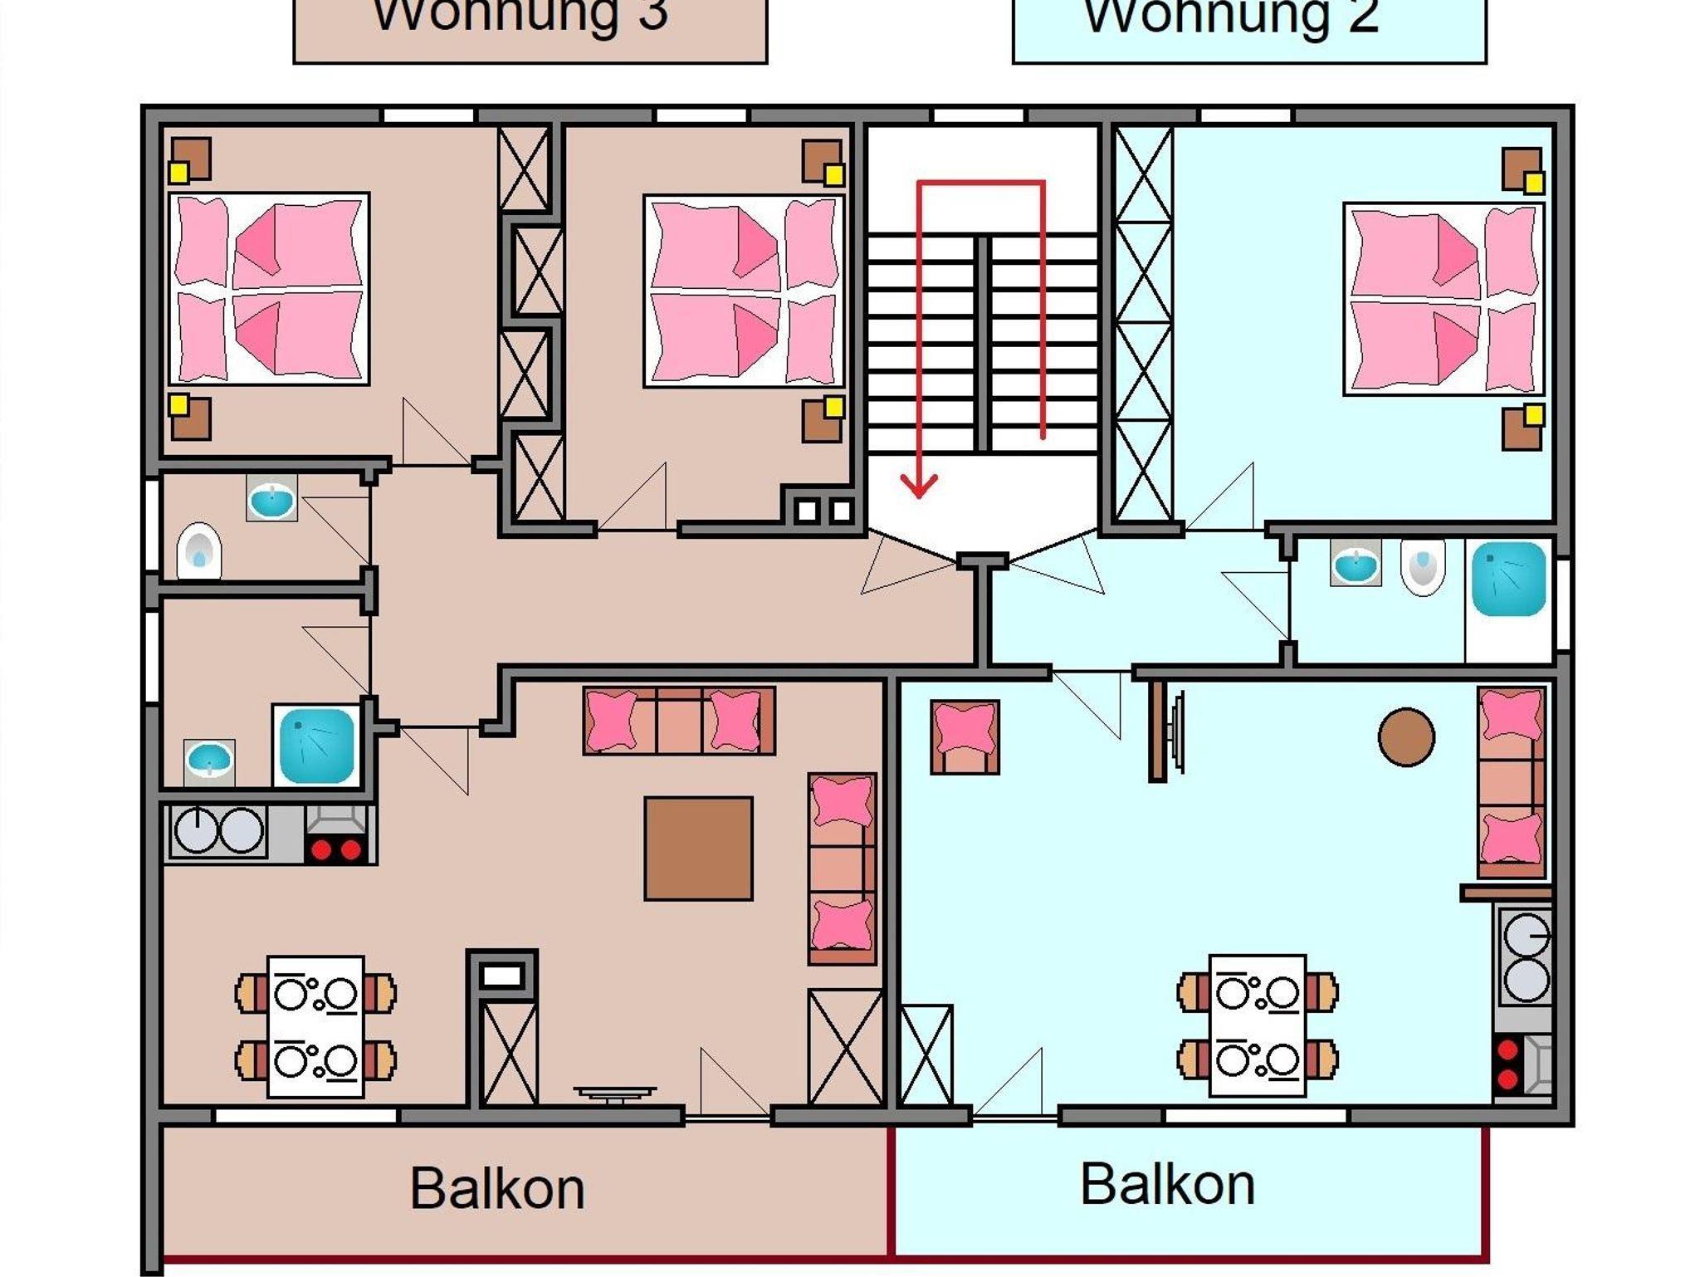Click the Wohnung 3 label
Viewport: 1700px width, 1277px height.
[520, 15]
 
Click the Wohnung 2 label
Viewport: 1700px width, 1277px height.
[1232, 15]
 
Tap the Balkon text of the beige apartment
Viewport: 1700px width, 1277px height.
[497, 1189]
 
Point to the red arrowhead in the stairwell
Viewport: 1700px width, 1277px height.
[919, 486]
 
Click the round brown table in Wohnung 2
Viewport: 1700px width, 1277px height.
[1406, 736]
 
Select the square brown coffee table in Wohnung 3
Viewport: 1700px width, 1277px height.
[699, 849]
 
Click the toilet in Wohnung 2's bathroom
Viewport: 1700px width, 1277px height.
[1423, 566]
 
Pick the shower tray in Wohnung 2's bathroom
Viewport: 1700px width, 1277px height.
[1508, 579]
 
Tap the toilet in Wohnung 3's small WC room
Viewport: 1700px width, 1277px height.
[199, 550]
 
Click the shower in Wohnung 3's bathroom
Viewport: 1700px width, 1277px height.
[317, 745]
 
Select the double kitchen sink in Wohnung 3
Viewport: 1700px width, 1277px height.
[218, 830]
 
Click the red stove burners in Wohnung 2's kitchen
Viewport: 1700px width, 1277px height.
[1508, 1064]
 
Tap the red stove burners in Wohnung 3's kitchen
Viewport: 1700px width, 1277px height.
[335, 850]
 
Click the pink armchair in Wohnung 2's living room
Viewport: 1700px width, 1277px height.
[965, 736]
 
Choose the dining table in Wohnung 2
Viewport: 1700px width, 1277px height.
[1258, 1025]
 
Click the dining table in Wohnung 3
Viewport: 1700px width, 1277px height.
[315, 1026]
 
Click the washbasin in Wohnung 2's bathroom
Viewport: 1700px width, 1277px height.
[1356, 564]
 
